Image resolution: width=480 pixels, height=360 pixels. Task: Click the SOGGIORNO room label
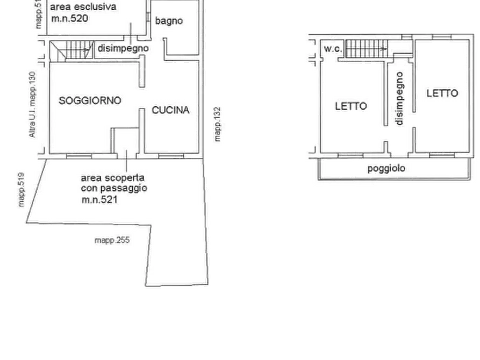90,100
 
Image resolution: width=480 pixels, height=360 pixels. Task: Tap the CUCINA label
170,110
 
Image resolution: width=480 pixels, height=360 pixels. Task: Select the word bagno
169,21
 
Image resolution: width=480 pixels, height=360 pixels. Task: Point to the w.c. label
333,49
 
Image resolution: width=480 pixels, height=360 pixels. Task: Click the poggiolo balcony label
386,168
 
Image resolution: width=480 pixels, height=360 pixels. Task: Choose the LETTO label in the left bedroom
351,106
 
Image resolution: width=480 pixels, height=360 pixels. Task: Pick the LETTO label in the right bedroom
442,93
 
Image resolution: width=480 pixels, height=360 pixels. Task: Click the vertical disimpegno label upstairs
399,98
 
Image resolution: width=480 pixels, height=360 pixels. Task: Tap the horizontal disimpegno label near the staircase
123,48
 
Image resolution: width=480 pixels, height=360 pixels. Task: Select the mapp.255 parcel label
112,240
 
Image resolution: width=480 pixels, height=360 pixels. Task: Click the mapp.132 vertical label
217,124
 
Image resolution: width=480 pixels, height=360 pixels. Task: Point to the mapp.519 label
21,190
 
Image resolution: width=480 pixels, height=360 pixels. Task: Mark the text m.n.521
99,199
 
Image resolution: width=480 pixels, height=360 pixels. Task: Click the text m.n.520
69,18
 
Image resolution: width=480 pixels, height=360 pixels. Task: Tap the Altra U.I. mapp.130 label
32,104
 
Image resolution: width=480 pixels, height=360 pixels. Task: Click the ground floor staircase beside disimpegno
71,50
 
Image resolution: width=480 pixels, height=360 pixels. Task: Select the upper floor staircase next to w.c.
366,49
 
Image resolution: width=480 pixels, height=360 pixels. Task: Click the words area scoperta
112,178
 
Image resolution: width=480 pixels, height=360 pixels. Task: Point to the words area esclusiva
83,7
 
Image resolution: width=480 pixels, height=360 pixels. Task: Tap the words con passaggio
114,188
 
